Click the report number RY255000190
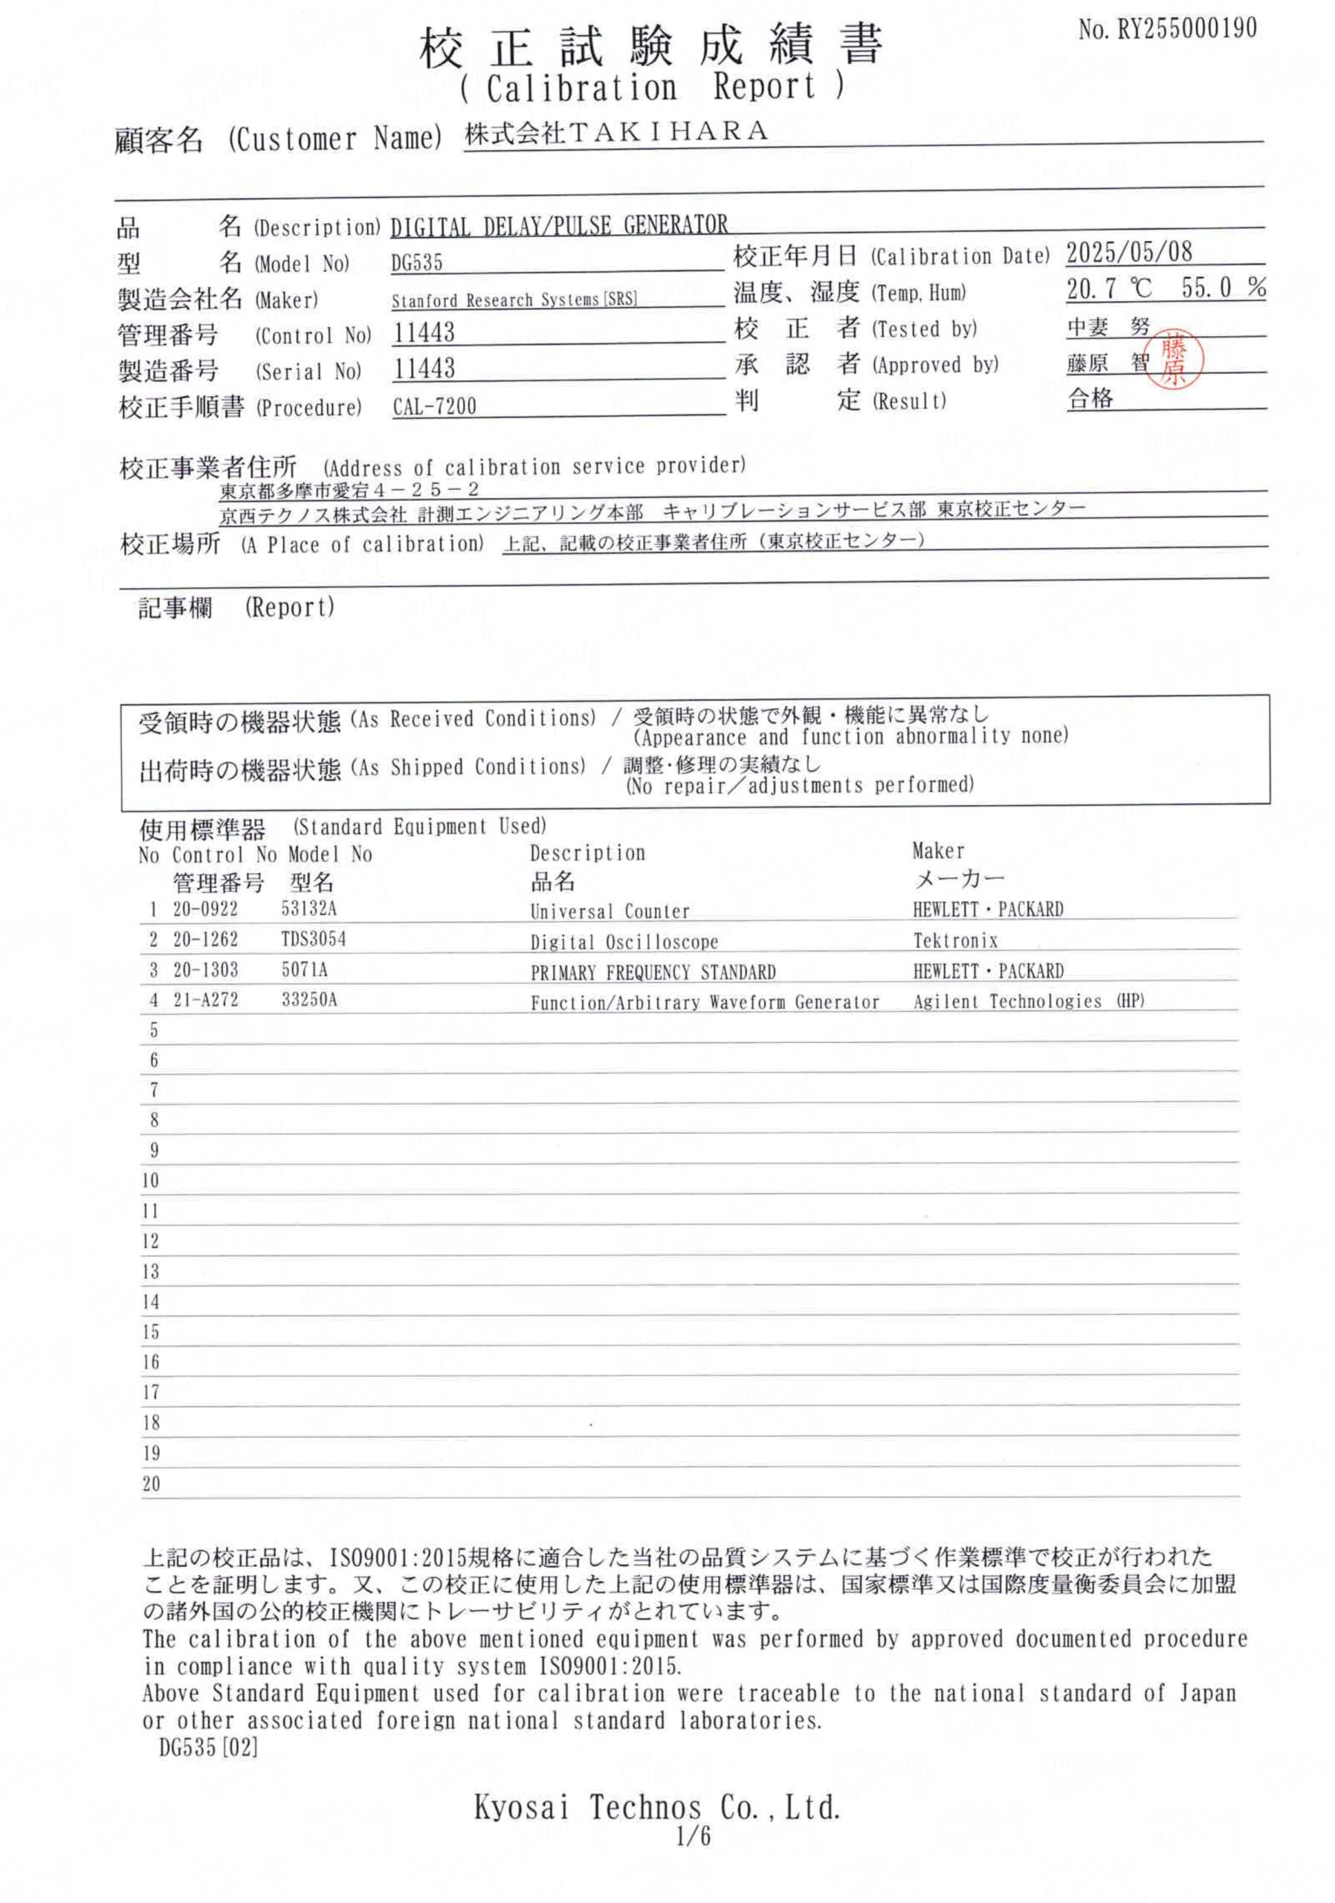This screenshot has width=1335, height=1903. (1167, 30)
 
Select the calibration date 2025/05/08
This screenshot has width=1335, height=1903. (1128, 252)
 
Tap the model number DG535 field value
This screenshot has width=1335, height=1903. (417, 264)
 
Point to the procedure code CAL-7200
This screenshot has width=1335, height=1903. (434, 406)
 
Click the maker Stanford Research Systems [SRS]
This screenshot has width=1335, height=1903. (514, 300)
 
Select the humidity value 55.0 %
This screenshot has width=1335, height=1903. (1222, 288)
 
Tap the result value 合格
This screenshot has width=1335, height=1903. (1090, 398)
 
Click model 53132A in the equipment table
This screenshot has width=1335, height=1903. (308, 908)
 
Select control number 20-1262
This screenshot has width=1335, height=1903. (204, 939)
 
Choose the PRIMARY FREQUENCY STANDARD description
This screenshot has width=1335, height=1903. (652, 972)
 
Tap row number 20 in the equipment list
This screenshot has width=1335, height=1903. (151, 1484)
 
